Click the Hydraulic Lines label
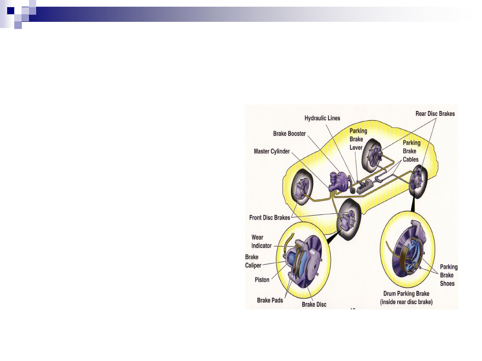(322, 118)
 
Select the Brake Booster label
(289, 134)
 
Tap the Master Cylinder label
(272, 152)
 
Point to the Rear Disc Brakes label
(435, 114)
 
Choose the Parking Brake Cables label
(411, 151)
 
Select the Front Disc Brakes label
(270, 218)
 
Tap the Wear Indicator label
(261, 242)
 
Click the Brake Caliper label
(253, 261)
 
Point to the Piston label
(262, 280)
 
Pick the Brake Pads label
(270, 300)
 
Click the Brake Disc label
(314, 304)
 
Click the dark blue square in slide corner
(11, 10)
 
